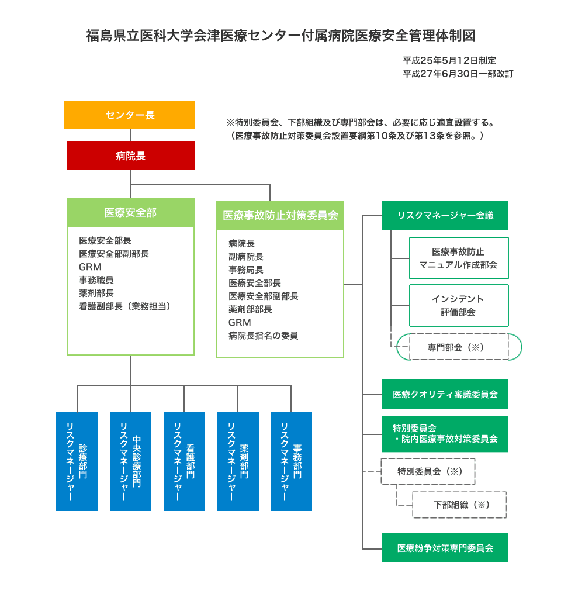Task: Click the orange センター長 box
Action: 130,115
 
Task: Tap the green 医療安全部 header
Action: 130,213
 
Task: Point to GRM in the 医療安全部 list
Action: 90,267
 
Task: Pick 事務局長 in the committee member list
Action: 246,270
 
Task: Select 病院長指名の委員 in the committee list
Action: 264,336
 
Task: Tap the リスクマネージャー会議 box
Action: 445,216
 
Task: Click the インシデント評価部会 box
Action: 458,305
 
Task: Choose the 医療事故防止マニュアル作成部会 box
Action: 458,258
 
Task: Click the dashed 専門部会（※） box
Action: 459,347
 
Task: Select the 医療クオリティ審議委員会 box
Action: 445,394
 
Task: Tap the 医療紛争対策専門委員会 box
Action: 445,548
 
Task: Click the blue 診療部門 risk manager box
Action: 77,461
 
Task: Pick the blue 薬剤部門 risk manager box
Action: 238,461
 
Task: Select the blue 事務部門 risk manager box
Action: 291,461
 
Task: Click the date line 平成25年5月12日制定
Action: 449,60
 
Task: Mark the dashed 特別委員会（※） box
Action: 428,471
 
